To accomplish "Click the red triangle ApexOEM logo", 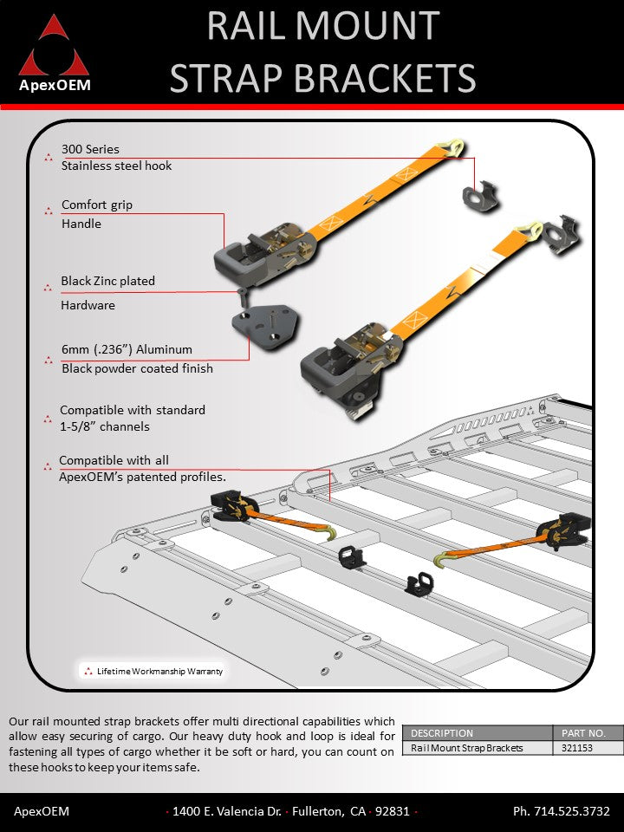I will click(x=54, y=48).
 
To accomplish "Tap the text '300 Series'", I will click(x=90, y=149).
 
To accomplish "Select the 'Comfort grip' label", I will click(x=97, y=205).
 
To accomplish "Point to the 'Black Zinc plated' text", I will click(x=107, y=281).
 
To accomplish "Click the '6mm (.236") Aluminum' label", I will click(x=127, y=349).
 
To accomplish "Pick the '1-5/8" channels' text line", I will click(x=104, y=426).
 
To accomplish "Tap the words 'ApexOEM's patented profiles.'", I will click(x=142, y=477).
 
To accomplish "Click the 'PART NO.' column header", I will click(x=587, y=733).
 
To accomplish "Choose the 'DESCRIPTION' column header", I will click(x=442, y=733).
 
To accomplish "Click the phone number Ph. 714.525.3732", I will click(x=562, y=812).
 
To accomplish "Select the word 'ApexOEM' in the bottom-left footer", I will click(x=42, y=812).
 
